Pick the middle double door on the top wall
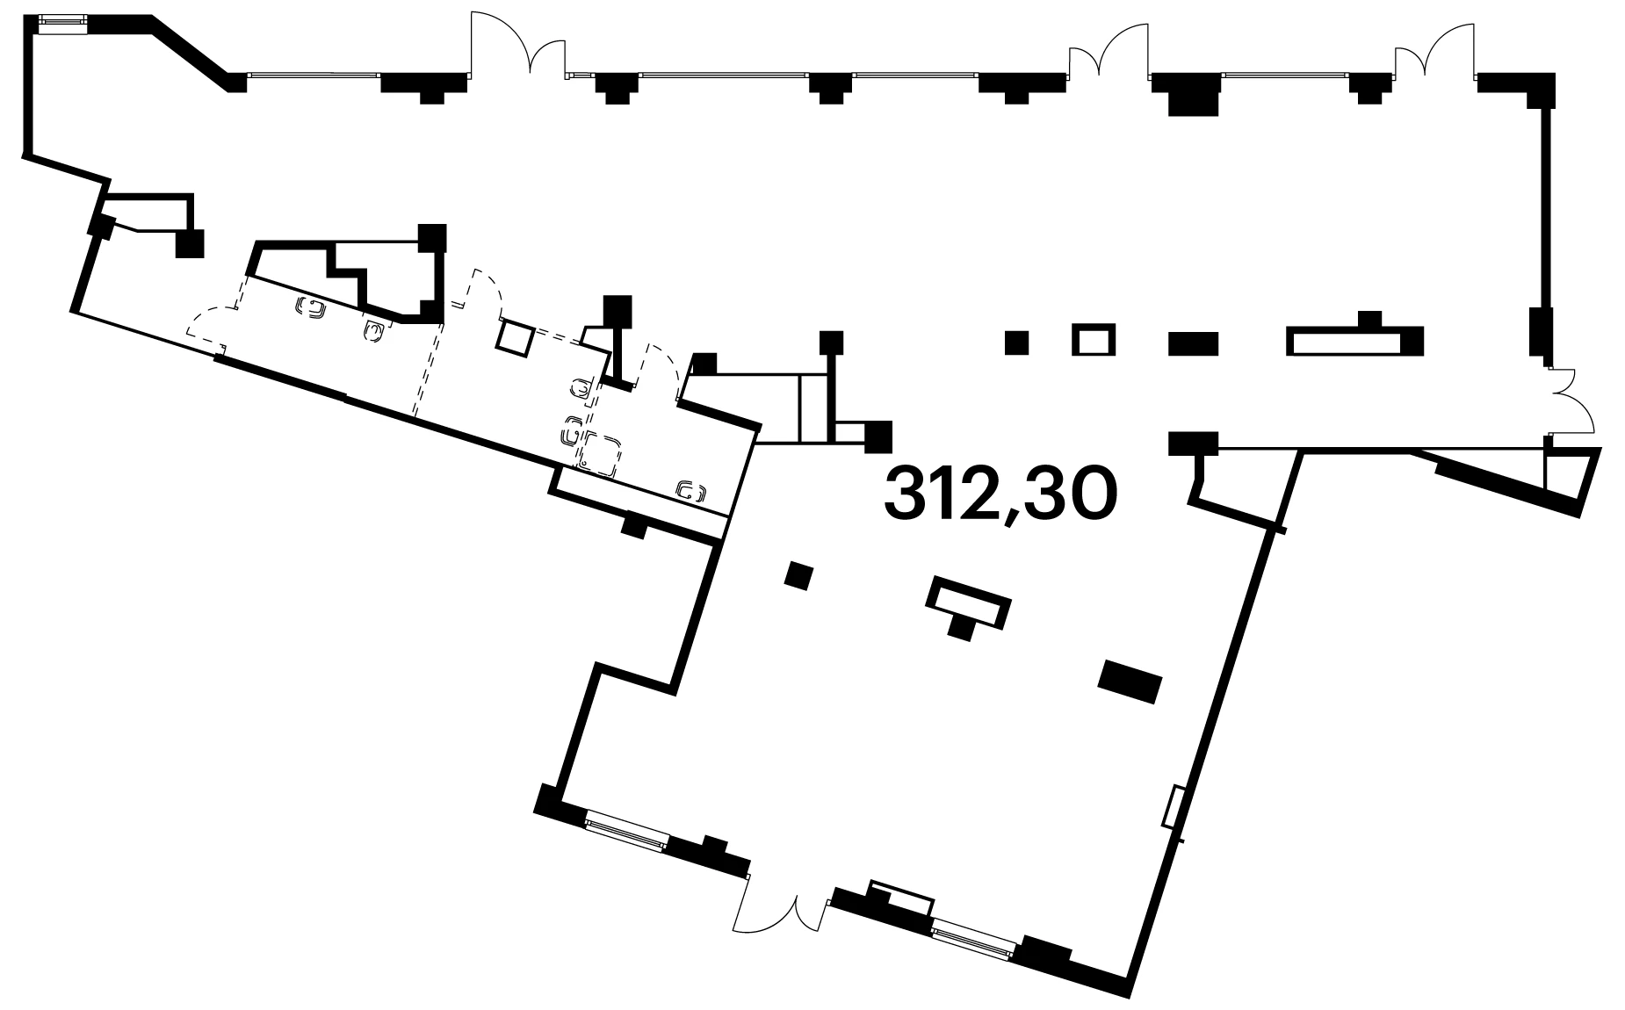pos(1109,49)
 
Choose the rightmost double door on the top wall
pos(1436,49)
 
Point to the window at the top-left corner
pos(61,24)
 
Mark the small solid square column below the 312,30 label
pos(798,576)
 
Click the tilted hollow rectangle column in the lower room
pos(967,602)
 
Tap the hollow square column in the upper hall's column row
pos(1094,340)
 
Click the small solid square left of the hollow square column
pos(1016,342)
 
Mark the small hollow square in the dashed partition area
pos(516,337)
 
